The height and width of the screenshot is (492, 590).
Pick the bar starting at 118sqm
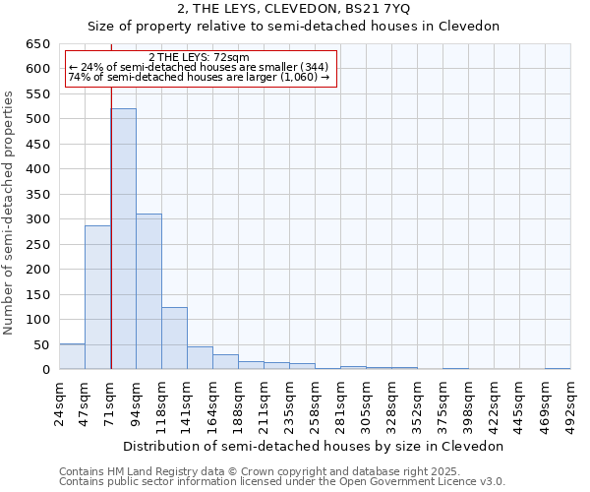(174, 338)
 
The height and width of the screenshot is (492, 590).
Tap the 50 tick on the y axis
(41, 345)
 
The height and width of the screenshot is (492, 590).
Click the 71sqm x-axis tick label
(111, 404)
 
